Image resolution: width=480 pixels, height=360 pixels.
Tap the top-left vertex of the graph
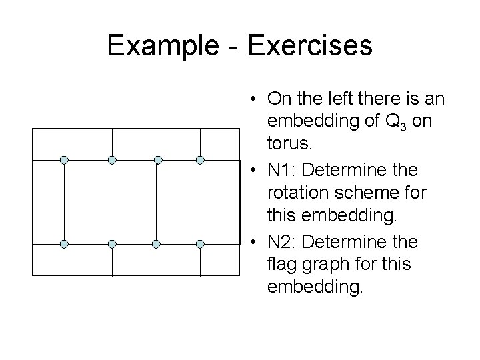click(64, 160)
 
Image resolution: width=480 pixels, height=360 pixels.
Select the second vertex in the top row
click(112, 160)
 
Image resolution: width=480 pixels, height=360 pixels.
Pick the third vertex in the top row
click(157, 160)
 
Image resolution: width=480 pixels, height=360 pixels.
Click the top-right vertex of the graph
click(200, 160)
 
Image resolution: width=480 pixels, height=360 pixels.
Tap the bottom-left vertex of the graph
click(64, 244)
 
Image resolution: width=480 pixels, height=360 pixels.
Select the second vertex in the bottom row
click(112, 244)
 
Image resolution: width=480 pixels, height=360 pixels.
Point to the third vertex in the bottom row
click(155, 244)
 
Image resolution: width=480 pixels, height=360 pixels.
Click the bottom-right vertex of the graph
click(200, 244)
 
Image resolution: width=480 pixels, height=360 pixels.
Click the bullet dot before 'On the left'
click(255, 100)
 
